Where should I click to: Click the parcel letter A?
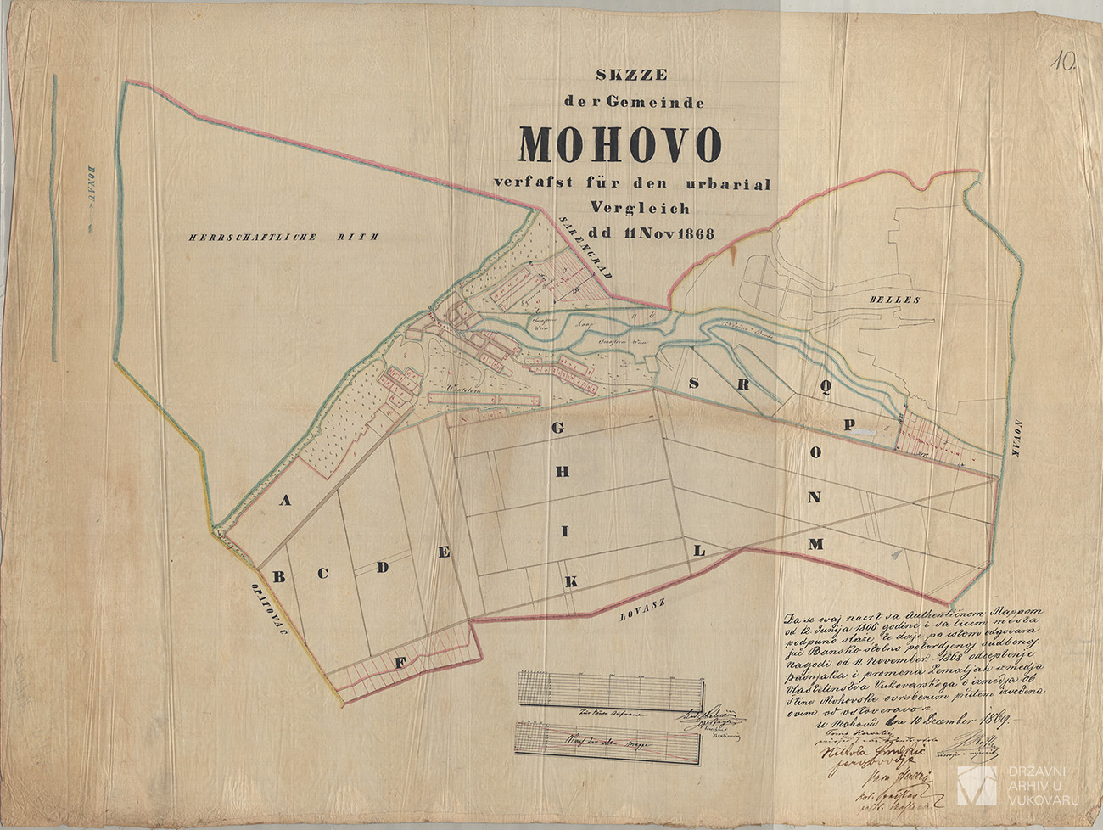[286, 501]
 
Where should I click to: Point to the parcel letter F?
[396, 663]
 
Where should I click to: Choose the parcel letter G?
[557, 428]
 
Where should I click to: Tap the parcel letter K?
[572, 582]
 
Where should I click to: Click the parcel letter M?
[815, 544]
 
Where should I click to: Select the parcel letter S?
[694, 383]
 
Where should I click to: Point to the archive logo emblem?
[976, 784]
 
